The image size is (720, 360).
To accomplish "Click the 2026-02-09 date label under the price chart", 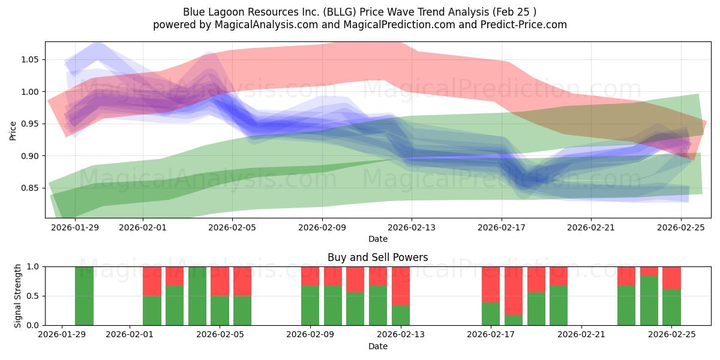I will [322, 227].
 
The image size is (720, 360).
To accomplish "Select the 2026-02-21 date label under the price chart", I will [591, 227].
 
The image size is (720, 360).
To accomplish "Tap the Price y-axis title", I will [13, 130].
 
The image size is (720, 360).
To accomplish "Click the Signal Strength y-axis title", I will [18, 296].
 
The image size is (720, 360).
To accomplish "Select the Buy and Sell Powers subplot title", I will [377, 257].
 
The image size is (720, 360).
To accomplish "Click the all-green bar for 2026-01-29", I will [84, 296].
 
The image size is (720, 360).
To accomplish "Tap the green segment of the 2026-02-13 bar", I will [401, 316].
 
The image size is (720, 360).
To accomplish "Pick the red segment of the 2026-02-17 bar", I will [491, 284].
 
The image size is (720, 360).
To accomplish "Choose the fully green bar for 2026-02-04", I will [197, 296].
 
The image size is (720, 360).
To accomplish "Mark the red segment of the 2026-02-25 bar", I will [671, 278].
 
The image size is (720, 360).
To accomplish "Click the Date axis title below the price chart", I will [377, 239].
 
